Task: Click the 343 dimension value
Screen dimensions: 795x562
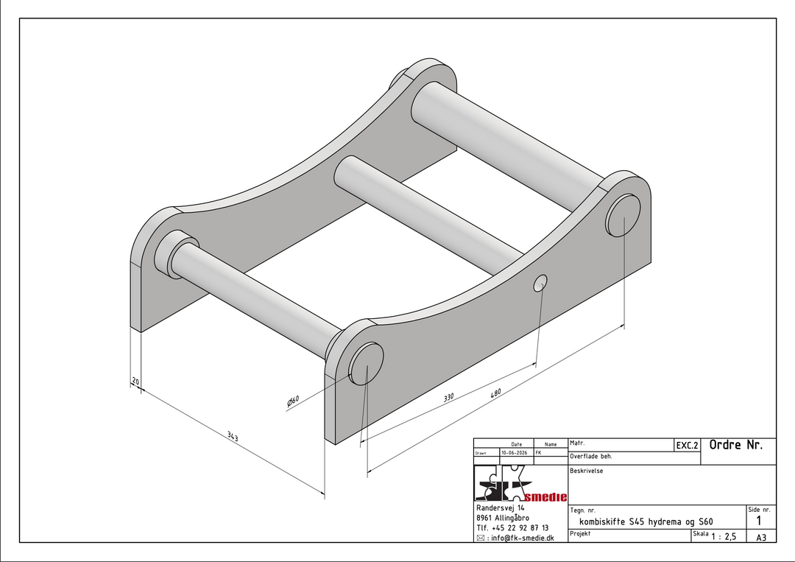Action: [x=233, y=436]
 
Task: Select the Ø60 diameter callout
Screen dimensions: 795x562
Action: [x=293, y=401]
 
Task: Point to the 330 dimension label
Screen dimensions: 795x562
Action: [x=449, y=397]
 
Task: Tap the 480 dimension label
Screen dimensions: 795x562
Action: [x=495, y=393]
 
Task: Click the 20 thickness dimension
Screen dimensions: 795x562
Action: [x=135, y=380]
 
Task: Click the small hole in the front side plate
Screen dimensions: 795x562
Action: [x=540, y=284]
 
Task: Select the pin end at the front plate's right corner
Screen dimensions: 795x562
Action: [x=623, y=216]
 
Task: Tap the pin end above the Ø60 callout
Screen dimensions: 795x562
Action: [x=366, y=364]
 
